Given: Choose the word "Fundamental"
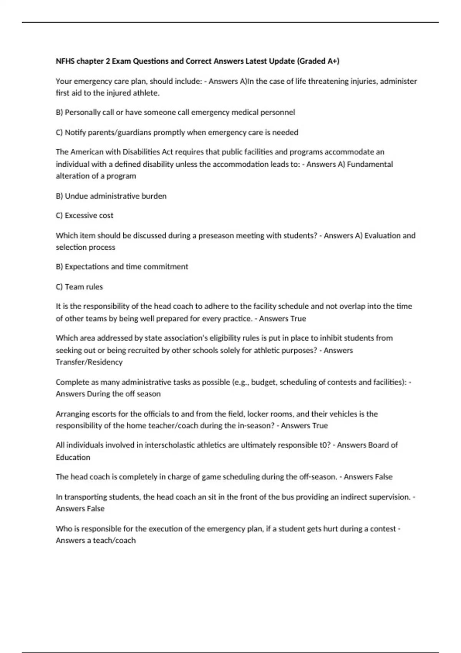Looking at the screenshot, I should click(x=370, y=164).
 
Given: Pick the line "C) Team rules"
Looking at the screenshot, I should click(x=79, y=287).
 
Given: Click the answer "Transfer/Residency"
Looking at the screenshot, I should click(x=89, y=362).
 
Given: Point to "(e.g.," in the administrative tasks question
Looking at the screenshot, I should click(x=241, y=382).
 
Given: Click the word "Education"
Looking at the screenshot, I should click(x=73, y=457).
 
